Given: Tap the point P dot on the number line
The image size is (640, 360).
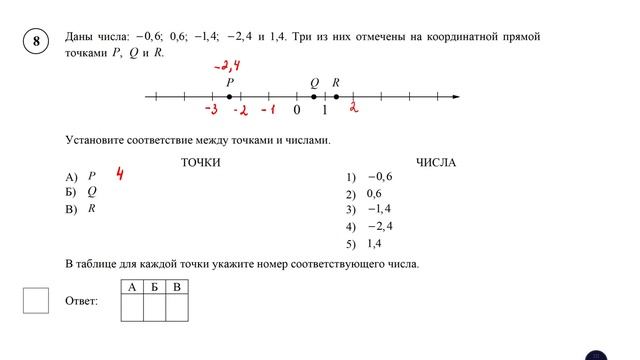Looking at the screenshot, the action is tap(229, 97).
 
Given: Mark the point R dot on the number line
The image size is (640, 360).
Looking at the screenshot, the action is tap(336, 97).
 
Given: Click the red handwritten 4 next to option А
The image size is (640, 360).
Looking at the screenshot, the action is tap(120, 175).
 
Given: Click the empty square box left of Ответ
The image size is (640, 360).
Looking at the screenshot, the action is tap(36, 300).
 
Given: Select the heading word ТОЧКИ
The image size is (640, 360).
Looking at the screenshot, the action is tap(200, 162).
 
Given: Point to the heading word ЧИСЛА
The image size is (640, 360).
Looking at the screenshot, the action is tap(436, 162).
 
